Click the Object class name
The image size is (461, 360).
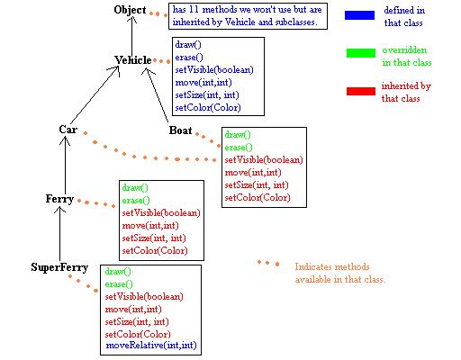(130, 10)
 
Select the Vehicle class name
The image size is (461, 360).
(133, 60)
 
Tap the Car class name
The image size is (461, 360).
(68, 130)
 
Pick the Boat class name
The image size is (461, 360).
(180, 130)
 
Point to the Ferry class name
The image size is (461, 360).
(59, 199)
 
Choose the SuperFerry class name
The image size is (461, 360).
(59, 267)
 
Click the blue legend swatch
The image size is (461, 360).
(359, 15)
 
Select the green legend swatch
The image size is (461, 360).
(361, 53)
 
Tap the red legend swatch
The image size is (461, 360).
(361, 91)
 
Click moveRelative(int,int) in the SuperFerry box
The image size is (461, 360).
(151, 346)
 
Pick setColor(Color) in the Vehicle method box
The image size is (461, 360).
(208, 107)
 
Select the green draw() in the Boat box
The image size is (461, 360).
(238, 135)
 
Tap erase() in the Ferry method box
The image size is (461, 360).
(136, 201)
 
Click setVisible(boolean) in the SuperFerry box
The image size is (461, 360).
(144, 297)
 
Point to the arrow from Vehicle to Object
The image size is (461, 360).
(131, 36)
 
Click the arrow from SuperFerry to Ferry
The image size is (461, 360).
(59, 234)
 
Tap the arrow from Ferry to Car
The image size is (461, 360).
(65, 165)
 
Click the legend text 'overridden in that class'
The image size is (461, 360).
(407, 57)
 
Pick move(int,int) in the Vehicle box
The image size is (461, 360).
(203, 82)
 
